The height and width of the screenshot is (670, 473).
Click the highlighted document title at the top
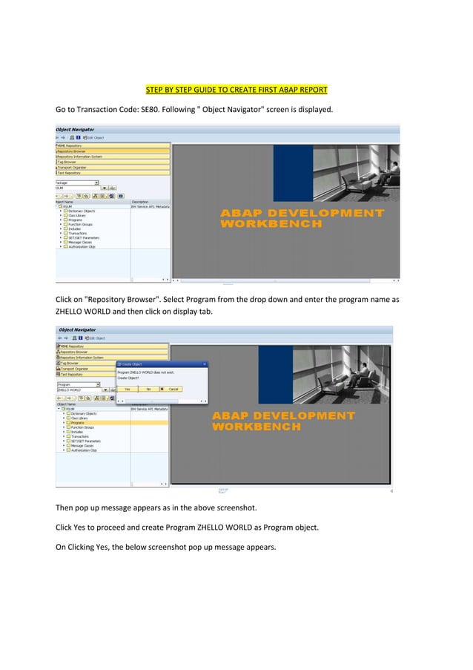236,91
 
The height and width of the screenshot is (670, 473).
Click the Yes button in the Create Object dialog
127,389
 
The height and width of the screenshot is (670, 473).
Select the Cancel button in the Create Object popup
171,389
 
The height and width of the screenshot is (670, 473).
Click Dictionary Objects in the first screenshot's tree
82,211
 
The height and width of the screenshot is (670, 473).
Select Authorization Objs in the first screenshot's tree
82,247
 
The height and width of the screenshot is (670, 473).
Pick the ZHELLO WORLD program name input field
78,390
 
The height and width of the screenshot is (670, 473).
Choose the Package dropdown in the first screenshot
77,182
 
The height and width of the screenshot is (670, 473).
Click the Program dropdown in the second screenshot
77,384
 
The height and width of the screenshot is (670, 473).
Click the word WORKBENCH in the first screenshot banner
271,223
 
